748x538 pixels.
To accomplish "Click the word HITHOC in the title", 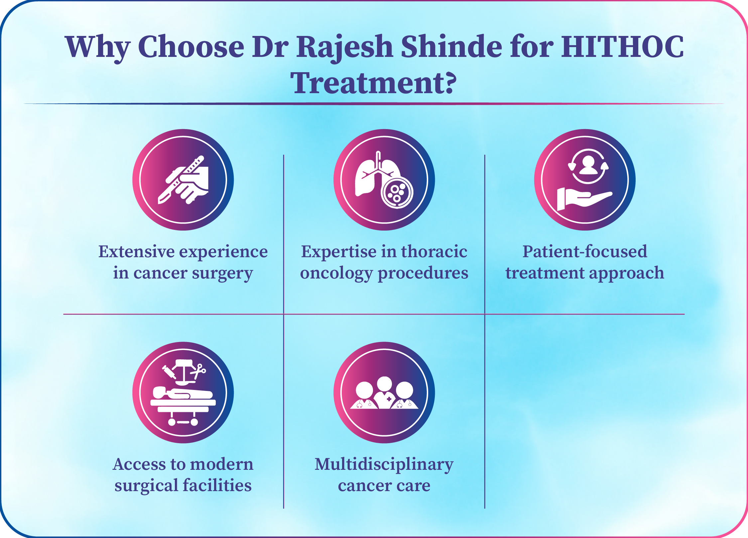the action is tap(622, 47).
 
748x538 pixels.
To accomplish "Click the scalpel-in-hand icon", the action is tap(183, 180).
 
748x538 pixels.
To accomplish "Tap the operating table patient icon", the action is tap(183, 393).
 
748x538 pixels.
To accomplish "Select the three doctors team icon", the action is tap(384, 393).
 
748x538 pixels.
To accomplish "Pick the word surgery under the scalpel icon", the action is tap(222, 274).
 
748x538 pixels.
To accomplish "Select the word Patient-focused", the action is tap(585, 252).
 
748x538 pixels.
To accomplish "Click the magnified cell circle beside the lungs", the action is tap(397, 193).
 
